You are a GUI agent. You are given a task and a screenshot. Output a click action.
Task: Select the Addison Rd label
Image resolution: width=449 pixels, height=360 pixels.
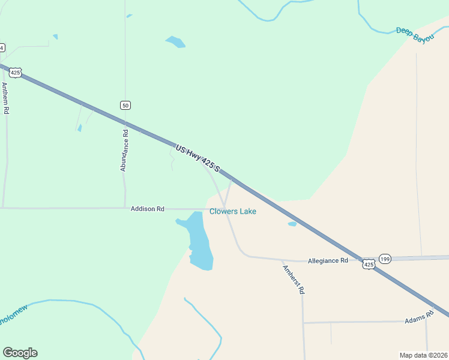pyautogui.click(x=148, y=209)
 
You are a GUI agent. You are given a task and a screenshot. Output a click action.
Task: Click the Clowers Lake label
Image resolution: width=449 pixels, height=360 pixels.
pyautogui.click(x=233, y=211)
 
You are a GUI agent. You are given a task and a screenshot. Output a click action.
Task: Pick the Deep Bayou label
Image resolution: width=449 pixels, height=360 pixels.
pyautogui.click(x=415, y=34)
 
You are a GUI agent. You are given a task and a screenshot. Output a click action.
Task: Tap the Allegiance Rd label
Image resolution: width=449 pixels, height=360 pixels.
pyautogui.click(x=328, y=261)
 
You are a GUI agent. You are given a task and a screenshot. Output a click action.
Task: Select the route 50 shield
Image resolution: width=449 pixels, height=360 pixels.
pyautogui.click(x=125, y=106)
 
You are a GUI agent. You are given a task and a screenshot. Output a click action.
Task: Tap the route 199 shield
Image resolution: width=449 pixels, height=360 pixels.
pyautogui.click(x=385, y=259)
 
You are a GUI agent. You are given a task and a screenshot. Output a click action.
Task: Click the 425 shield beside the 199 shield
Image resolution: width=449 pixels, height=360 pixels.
pyautogui.click(x=369, y=264)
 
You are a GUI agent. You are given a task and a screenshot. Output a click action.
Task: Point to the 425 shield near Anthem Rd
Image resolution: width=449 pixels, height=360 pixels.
pyautogui.click(x=16, y=73)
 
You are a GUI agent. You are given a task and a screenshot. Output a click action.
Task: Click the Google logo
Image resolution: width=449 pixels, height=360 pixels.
pyautogui.click(x=20, y=353)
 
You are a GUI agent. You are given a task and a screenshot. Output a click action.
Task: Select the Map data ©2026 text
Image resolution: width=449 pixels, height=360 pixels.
pyautogui.click(x=423, y=355)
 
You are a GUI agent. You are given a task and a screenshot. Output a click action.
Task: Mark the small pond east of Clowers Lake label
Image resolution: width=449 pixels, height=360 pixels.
pyautogui.click(x=292, y=224)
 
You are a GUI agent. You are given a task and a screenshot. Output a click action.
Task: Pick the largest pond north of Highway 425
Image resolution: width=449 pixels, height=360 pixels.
pyautogui.click(x=175, y=42)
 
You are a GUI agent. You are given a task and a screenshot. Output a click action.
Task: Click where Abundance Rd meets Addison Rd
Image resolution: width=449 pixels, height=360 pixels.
pyautogui.click(x=125, y=208)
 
